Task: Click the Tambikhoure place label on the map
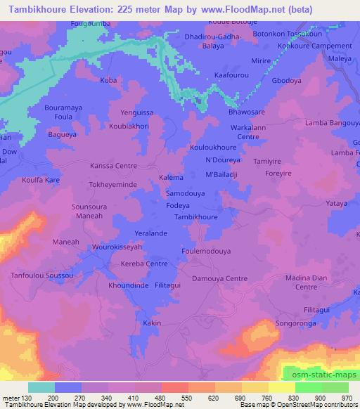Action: [195, 217]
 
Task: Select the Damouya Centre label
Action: [220, 279]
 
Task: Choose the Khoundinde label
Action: [127, 287]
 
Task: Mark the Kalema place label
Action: [172, 178]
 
